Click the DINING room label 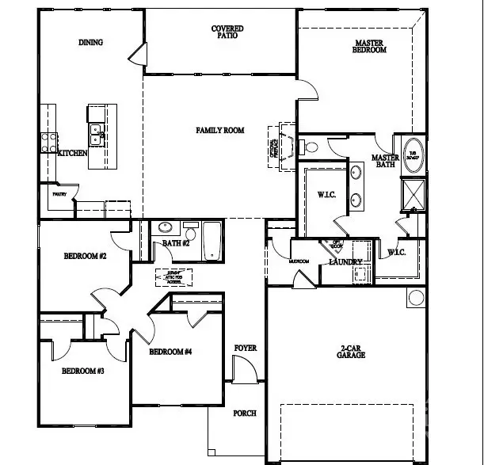coord(91,43)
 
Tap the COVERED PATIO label coord(227,32)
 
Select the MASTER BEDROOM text coord(369,45)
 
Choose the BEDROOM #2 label coord(86,256)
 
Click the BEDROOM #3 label coord(84,371)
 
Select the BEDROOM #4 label coord(171,352)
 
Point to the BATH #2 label coord(176,243)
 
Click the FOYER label coord(246,349)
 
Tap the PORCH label coord(245,413)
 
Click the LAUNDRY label coord(346,262)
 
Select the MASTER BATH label coord(385,162)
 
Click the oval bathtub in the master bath coord(414,154)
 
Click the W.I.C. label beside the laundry coord(397,253)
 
